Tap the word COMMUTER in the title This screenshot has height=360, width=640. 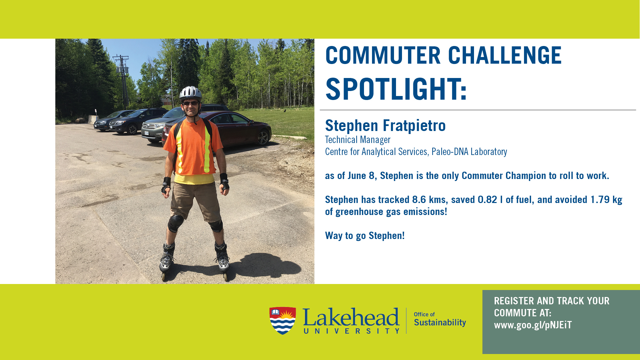[x=383, y=55]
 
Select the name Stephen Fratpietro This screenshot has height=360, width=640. [x=385, y=126]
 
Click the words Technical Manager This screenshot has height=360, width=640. [x=358, y=140]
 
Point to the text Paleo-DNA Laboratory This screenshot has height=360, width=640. [x=469, y=152]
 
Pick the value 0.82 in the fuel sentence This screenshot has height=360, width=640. [x=487, y=200]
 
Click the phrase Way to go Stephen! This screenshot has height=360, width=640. [x=365, y=236]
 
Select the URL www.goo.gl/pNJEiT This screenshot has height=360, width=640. [x=533, y=325]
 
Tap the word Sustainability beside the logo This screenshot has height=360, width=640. [x=440, y=323]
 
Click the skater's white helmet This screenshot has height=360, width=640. [x=191, y=92]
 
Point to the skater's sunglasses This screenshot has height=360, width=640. [x=191, y=103]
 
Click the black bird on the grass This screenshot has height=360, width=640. [x=285, y=110]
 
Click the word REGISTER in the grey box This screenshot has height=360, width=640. [x=514, y=301]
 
